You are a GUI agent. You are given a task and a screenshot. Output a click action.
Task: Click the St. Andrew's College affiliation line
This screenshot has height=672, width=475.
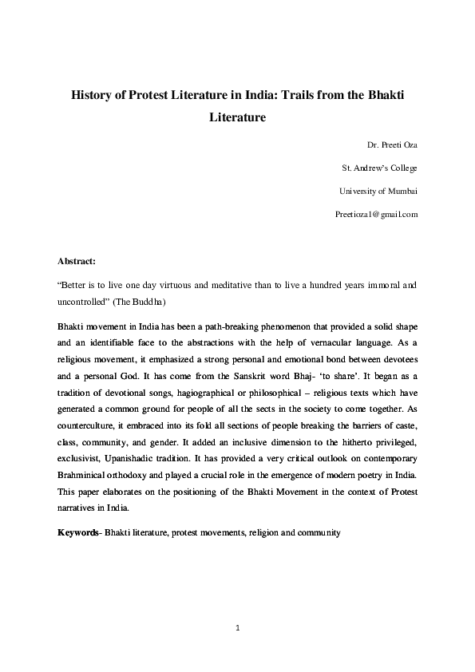(x=379, y=168)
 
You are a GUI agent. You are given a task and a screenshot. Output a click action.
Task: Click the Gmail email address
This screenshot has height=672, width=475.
(x=378, y=215)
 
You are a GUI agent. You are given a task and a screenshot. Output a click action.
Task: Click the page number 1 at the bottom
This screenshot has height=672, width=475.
(x=238, y=629)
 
